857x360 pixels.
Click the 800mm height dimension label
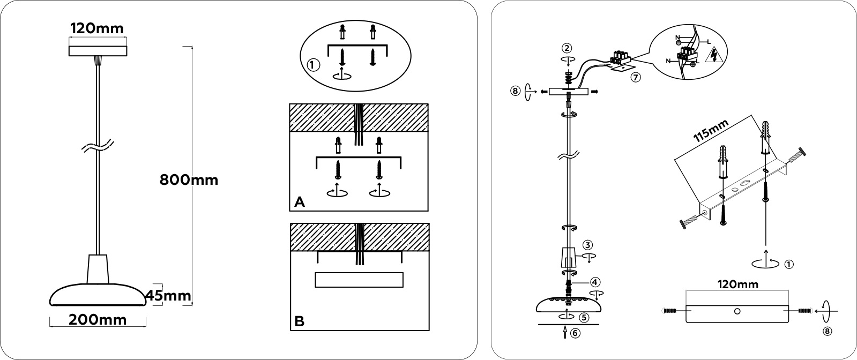point(189,180)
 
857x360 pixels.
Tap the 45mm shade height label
point(168,296)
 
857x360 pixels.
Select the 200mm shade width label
point(98,320)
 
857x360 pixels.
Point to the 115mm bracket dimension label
point(711,131)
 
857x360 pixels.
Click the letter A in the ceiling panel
point(299,202)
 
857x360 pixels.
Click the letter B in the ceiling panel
point(299,321)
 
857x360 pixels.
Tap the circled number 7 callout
point(636,77)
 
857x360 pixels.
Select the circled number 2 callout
point(567,48)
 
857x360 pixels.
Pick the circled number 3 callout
point(587,245)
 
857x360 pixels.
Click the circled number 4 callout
point(594,282)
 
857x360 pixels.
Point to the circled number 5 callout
point(584,317)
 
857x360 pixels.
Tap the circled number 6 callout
point(575,333)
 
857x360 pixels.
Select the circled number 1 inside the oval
point(314,65)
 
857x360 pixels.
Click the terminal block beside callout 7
point(620,58)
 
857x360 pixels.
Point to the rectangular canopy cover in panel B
point(359,280)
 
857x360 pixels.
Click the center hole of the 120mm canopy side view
point(737,311)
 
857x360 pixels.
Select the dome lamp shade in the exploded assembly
point(568,305)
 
